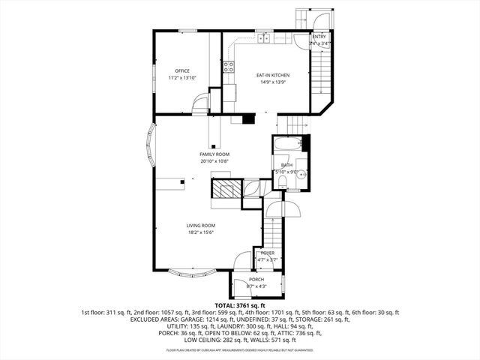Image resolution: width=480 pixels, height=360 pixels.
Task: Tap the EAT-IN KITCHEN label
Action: (x=273, y=75)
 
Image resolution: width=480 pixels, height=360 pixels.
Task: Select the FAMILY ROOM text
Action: (x=214, y=154)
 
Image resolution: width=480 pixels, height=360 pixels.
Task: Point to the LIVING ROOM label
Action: (x=201, y=225)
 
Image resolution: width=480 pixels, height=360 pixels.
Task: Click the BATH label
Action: (x=287, y=165)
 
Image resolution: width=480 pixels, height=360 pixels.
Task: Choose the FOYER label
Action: (x=268, y=253)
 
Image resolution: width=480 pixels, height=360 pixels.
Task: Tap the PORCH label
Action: (x=256, y=279)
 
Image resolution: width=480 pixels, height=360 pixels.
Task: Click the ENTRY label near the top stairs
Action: (x=319, y=37)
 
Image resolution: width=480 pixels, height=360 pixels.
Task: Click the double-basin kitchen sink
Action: (x=264, y=37)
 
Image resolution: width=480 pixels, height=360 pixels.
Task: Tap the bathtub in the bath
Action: (x=288, y=143)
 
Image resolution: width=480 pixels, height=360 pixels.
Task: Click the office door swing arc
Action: (x=199, y=104)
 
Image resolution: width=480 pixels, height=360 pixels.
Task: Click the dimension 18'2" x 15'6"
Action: (x=201, y=232)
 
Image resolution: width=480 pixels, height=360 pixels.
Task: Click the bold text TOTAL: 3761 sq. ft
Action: (x=240, y=305)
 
